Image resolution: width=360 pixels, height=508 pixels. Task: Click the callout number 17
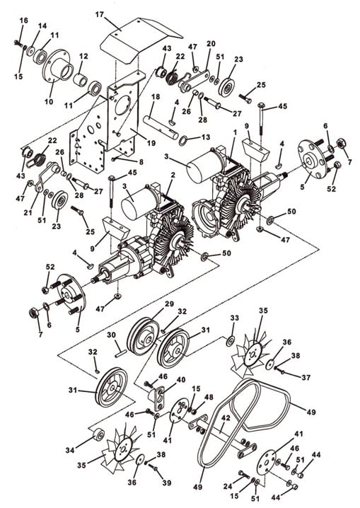click(100, 15)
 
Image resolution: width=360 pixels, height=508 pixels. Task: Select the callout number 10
click(49, 101)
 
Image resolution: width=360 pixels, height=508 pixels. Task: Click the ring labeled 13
click(183, 140)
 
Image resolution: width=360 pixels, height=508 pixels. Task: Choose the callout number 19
click(151, 143)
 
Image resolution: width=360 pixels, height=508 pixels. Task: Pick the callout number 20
click(211, 44)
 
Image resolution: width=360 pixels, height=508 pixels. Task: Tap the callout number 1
click(235, 132)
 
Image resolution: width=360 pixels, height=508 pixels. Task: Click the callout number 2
click(173, 175)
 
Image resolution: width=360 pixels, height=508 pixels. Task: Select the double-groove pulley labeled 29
click(142, 335)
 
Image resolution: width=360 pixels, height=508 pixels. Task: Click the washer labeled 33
click(231, 340)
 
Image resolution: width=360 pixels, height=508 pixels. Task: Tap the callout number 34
click(70, 450)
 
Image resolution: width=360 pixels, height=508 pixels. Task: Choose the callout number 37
click(306, 377)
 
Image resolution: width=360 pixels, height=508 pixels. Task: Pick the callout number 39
click(166, 483)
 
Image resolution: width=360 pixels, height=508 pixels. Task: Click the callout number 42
click(226, 418)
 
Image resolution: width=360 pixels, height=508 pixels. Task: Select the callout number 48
click(209, 397)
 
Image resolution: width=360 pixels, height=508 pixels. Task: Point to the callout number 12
click(83, 57)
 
